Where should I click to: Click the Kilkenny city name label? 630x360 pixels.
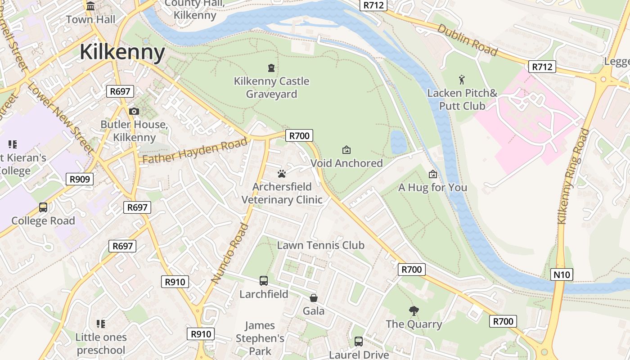122,52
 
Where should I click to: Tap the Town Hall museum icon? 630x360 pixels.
90,6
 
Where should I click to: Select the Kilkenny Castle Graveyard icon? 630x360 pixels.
271,68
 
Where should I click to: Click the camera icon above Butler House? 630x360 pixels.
134,111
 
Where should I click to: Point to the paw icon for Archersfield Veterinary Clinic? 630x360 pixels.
282,174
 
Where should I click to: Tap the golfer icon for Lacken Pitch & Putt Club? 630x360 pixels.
462,80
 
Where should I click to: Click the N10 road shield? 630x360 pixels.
562,274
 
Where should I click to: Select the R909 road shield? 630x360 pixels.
80,179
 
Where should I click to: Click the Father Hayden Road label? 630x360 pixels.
195,151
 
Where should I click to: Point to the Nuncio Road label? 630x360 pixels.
230,253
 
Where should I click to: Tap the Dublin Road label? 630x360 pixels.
467,40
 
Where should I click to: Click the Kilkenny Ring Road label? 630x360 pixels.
573,176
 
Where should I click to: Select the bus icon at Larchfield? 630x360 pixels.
264,281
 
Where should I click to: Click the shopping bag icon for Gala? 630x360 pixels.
314,298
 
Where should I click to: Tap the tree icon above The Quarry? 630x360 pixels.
414,310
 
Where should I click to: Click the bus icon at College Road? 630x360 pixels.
43,207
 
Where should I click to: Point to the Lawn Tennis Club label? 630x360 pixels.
320,245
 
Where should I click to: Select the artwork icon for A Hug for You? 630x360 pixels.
433,174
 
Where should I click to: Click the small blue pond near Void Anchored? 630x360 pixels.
398,142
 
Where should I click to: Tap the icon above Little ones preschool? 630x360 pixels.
101,324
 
